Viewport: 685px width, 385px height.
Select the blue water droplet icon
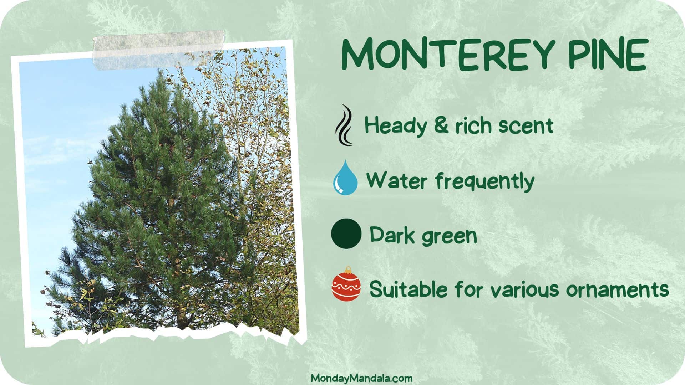pyautogui.click(x=345, y=177)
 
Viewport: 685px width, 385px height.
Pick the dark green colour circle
pyautogui.click(x=346, y=234)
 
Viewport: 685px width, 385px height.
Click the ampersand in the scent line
pyautogui.click(x=441, y=125)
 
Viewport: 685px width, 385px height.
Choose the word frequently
pyautogui.click(x=485, y=181)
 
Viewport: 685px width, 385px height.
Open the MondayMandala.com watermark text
pyautogui.click(x=361, y=378)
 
